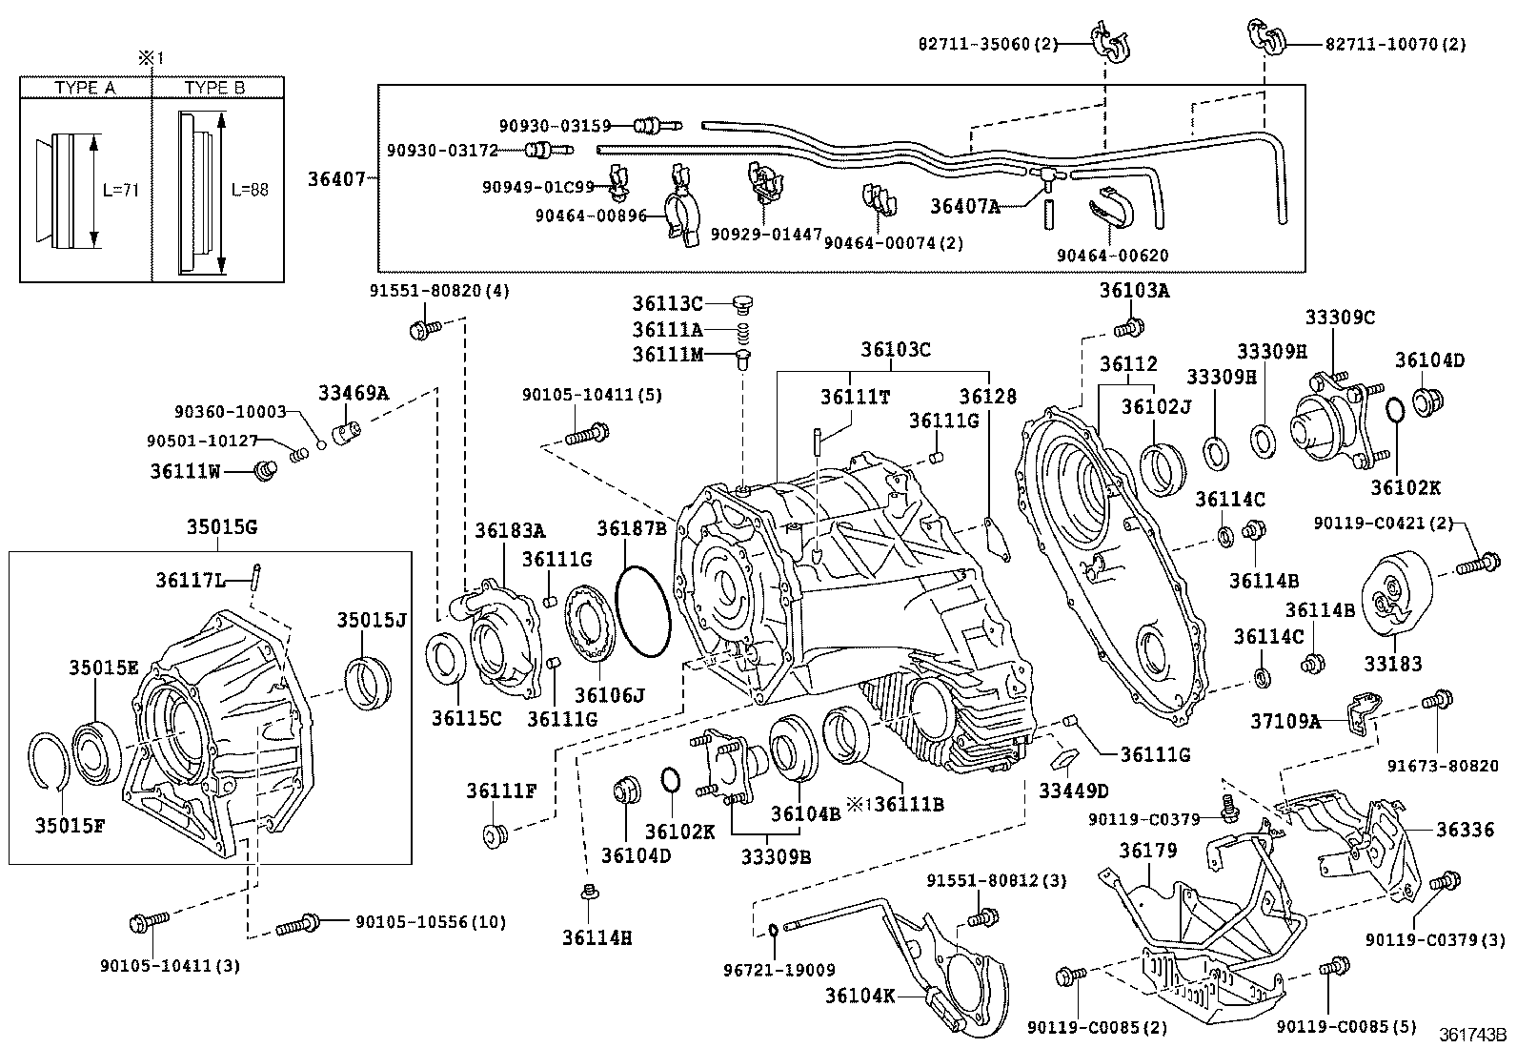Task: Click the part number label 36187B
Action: coord(632,527)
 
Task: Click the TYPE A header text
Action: coord(85,88)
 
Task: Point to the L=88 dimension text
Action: coord(250,189)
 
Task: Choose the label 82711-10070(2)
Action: coord(1395,44)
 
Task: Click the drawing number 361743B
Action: coord(1472,1034)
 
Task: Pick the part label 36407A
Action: coord(964,205)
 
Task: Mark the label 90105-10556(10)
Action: coord(431,921)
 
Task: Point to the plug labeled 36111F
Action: coord(494,836)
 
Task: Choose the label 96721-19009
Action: coord(779,970)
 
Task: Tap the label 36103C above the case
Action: coord(896,349)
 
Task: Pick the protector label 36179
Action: coord(1148,850)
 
